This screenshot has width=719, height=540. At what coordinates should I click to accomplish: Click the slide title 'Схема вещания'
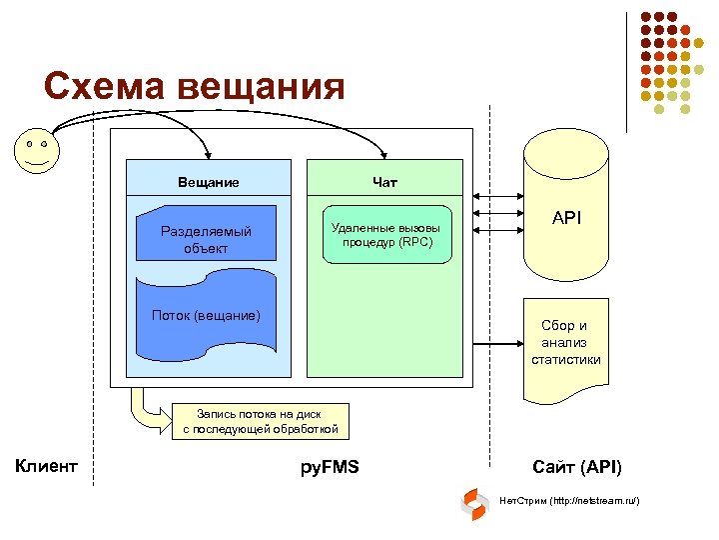click(194, 87)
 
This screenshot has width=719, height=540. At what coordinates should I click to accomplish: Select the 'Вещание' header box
click(209, 181)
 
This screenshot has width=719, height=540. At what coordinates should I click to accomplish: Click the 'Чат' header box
click(384, 181)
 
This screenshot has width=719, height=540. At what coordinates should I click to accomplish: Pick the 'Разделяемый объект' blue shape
click(207, 239)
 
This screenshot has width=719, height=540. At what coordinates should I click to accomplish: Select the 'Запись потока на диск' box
click(261, 421)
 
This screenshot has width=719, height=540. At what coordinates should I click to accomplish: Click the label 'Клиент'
click(47, 465)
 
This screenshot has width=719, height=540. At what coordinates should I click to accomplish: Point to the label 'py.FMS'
click(330, 467)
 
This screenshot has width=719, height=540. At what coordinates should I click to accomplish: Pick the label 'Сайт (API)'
click(576, 467)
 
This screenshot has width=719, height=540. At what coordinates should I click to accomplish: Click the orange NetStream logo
click(473, 504)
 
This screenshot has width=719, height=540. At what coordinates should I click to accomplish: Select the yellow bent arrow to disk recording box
click(145, 412)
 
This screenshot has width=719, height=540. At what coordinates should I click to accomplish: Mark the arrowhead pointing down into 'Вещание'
click(207, 153)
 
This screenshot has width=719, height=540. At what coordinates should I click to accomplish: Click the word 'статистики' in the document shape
click(565, 359)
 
